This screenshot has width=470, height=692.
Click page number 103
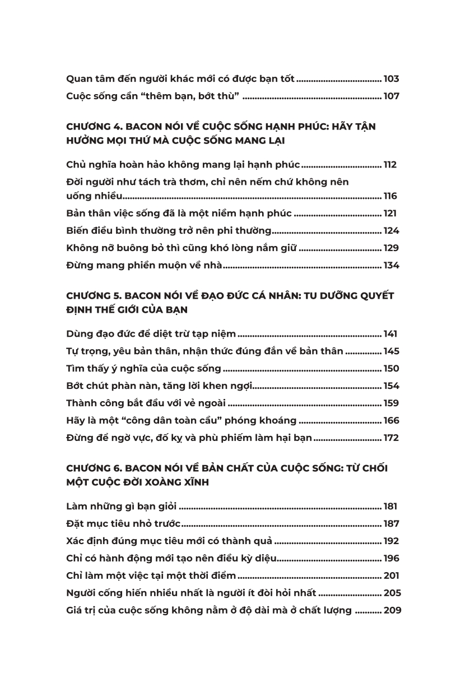pyautogui.click(x=391, y=79)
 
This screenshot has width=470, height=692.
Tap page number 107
pyautogui.click(x=391, y=96)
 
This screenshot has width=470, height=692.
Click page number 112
pyautogui.click(x=391, y=165)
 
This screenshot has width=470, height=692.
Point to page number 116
pyautogui.click(x=391, y=196)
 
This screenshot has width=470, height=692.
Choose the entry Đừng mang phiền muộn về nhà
pyautogui.click(x=144, y=266)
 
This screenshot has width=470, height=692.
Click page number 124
pyautogui.click(x=391, y=231)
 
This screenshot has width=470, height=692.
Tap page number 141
pyautogui.click(x=391, y=334)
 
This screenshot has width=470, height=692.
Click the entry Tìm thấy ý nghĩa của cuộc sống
pyautogui.click(x=143, y=369)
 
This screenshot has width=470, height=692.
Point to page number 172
pyautogui.click(x=391, y=438)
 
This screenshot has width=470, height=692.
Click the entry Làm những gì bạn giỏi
pyautogui.click(x=121, y=507)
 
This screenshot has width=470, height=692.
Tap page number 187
pyautogui.click(x=391, y=524)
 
